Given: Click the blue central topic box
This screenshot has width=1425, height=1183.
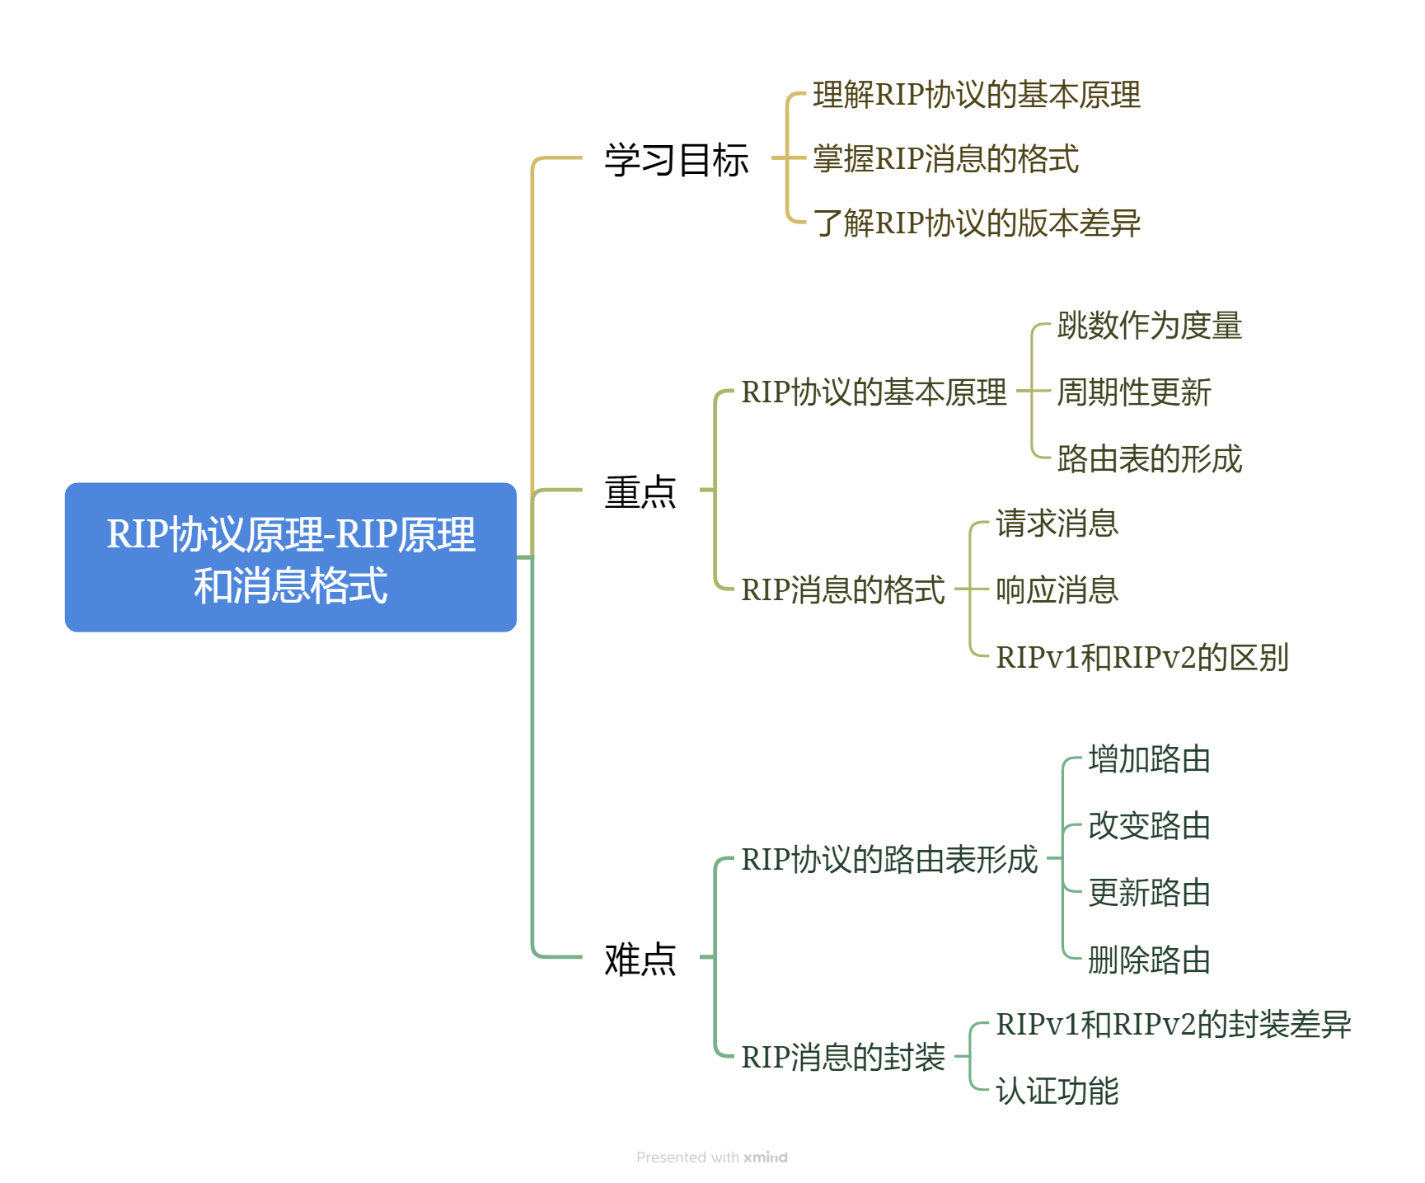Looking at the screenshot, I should [290, 557].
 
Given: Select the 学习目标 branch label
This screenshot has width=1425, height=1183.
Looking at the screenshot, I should [676, 159].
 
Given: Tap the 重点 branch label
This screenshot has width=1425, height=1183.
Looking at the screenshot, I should [640, 492].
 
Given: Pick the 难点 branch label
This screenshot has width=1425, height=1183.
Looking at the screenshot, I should [640, 959].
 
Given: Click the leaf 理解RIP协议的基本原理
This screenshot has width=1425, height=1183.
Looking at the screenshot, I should [976, 95].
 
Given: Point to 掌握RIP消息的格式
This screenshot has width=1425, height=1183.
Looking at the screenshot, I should [945, 159].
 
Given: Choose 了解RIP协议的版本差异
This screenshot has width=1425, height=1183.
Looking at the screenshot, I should [976, 223].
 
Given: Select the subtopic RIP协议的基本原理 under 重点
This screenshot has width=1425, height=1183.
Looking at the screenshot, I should [874, 392].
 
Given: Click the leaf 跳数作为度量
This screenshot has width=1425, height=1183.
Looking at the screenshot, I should [1149, 326].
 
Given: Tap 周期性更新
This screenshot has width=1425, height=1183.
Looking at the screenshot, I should [1133, 392].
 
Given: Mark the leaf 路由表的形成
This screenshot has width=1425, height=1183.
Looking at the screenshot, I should [1149, 459].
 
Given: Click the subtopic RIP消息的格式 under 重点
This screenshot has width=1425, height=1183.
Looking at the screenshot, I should [842, 590].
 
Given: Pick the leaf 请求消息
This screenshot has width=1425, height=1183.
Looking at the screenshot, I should [1057, 523].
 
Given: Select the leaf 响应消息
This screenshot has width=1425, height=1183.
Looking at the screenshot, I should [1057, 590].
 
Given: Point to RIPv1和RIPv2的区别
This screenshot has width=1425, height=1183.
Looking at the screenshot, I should [1141, 658].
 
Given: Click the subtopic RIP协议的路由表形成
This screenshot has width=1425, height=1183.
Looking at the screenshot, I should [888, 860].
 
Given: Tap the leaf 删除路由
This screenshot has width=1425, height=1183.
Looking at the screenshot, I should [1149, 960].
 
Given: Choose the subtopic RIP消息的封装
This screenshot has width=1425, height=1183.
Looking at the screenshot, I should [842, 1057].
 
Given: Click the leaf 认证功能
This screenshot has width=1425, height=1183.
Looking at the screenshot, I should [1057, 1091].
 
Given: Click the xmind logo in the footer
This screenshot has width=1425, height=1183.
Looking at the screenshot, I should [765, 1157].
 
